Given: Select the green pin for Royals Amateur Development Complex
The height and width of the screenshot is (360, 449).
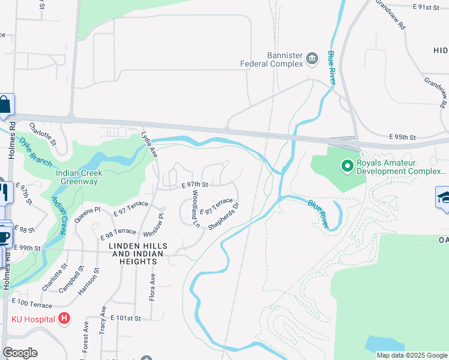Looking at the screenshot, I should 346,166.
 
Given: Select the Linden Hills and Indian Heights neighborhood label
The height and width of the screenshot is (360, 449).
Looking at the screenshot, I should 137,251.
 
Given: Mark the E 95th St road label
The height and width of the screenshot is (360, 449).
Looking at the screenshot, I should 402,137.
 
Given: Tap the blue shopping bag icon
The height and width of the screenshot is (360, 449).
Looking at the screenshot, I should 5,105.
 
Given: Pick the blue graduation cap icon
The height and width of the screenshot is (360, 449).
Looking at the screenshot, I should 443,198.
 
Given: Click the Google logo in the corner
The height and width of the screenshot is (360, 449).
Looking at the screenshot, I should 20,353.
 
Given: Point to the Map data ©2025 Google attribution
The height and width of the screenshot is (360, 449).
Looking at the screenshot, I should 411,355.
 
